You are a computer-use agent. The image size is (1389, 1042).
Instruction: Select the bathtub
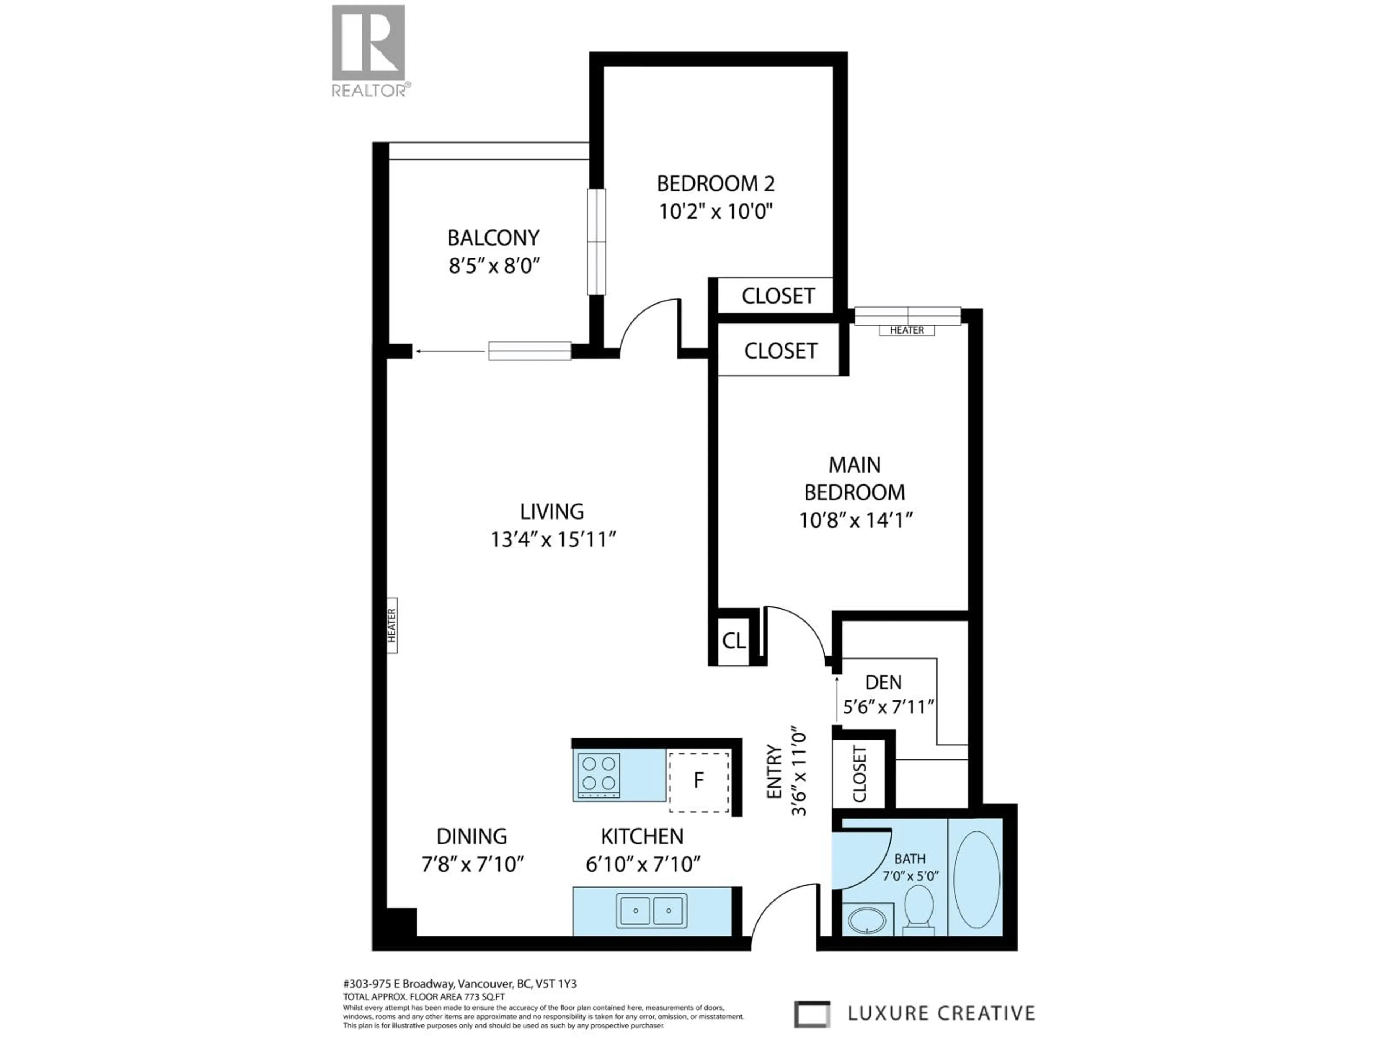tap(976, 879)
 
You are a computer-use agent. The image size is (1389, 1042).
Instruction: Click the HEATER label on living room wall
tap(392, 625)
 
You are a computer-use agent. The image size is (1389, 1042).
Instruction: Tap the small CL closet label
tap(734, 641)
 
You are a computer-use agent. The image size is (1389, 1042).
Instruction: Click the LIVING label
tap(551, 512)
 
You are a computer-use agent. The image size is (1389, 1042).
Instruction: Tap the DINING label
tap(472, 836)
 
